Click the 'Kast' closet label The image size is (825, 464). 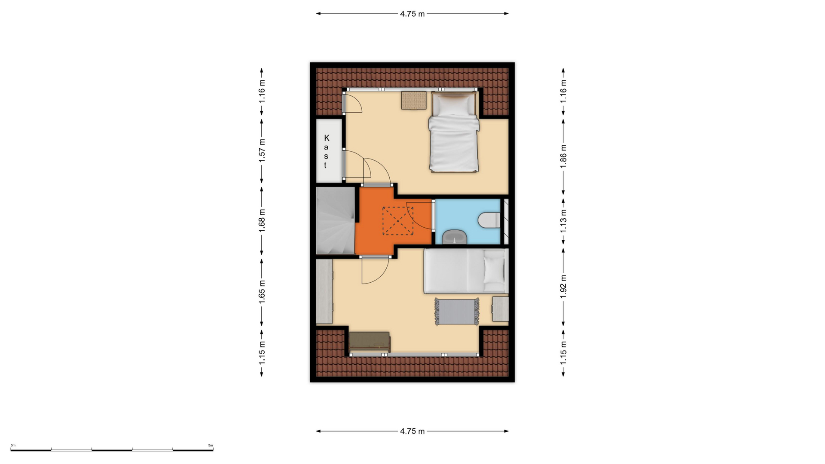[x=326, y=152]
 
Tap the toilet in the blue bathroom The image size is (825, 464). [x=489, y=220]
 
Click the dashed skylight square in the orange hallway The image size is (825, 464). [x=398, y=221]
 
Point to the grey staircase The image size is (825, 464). [x=336, y=220]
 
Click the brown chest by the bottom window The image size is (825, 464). [x=370, y=342]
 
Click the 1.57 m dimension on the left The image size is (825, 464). [x=262, y=150]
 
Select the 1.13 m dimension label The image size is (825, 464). [x=563, y=221]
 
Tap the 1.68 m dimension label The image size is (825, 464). [x=262, y=220]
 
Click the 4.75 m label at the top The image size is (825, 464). [x=412, y=14]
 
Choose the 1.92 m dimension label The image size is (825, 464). [x=563, y=286]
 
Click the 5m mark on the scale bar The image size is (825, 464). [x=211, y=446]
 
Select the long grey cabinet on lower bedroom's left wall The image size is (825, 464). [x=324, y=291]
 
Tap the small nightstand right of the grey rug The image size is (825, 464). [x=500, y=309]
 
